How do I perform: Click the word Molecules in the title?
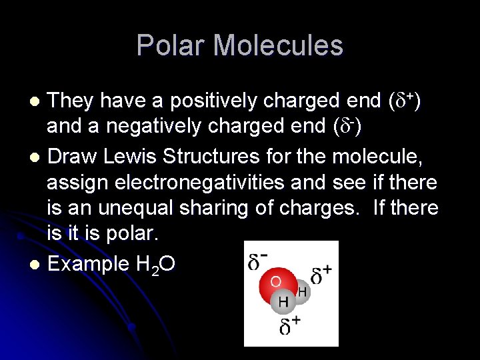coord(279,45)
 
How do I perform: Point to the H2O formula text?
coord(155,265)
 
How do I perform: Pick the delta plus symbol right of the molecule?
coord(321,275)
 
